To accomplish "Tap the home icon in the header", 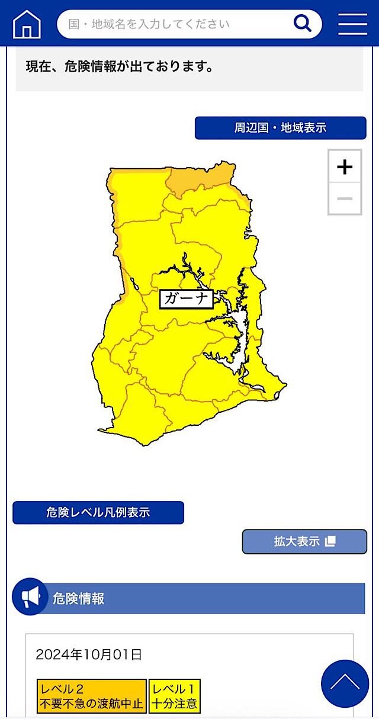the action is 27,24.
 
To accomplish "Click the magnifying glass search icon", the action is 302,24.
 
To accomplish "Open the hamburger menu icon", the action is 353,24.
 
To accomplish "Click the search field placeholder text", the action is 149,24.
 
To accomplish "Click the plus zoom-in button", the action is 345,167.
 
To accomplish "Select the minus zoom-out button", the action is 345,198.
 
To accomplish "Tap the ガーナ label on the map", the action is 186,298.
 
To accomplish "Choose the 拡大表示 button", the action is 304,541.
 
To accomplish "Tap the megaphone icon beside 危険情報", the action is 30,596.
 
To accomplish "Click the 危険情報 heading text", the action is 79,598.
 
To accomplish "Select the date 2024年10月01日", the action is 89,654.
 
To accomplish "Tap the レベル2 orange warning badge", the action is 91,696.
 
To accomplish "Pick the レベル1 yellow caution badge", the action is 174,696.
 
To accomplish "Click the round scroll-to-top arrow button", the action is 345,683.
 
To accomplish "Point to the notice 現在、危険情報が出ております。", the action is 120,66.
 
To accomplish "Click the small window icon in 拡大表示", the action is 330,541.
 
